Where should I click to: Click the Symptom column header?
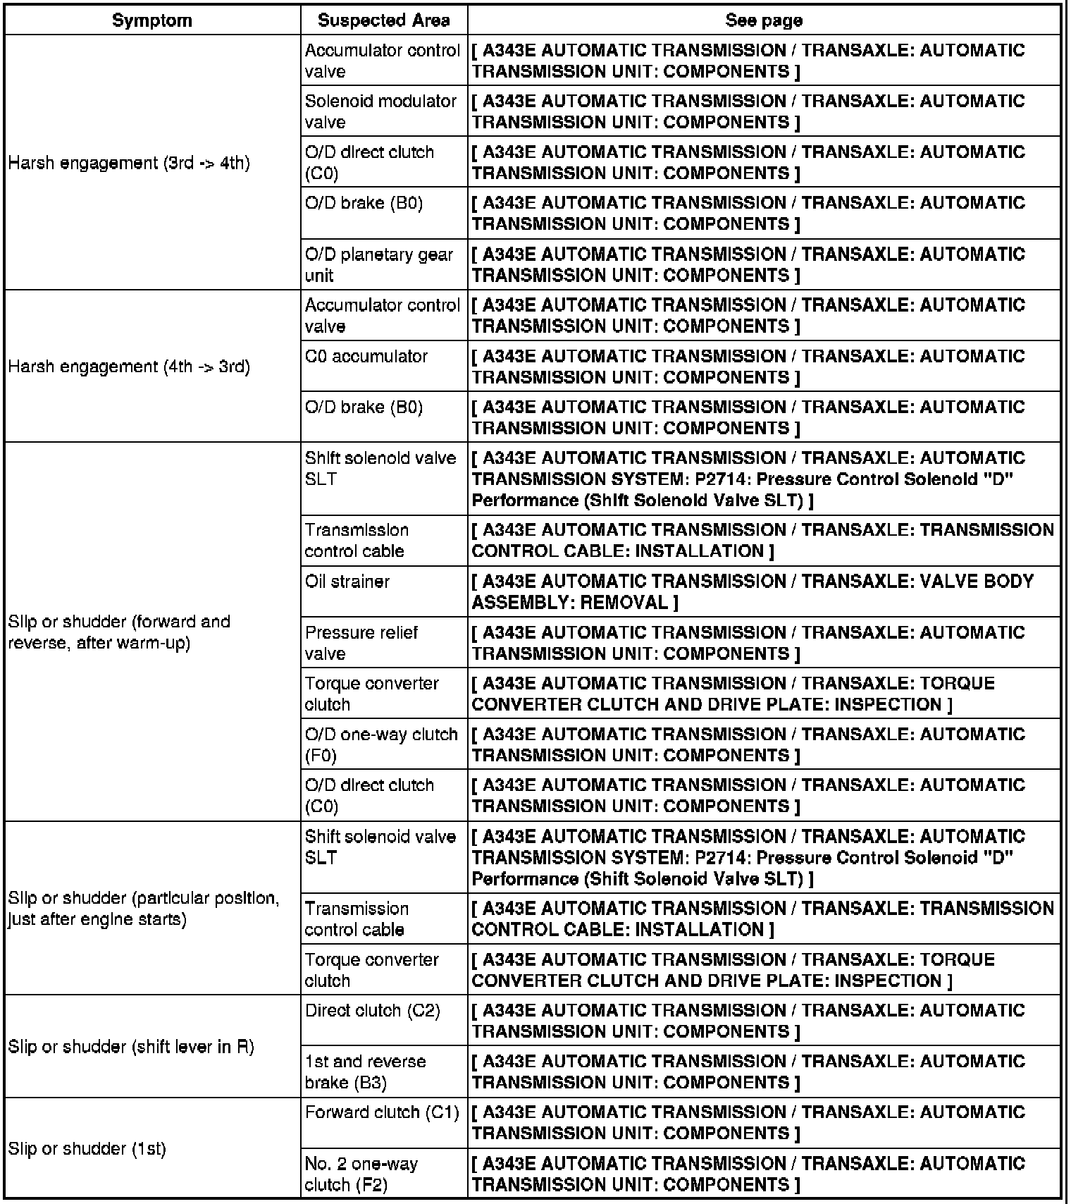[x=152, y=20]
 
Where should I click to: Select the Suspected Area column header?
[x=383, y=20]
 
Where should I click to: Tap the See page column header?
[x=764, y=20]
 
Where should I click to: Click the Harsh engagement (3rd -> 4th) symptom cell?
[x=130, y=163]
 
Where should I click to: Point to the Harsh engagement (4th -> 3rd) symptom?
[x=130, y=367]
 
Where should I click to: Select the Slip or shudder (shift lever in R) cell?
[x=131, y=1047]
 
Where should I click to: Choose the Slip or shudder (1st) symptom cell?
[x=87, y=1148]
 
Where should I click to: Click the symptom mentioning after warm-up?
[x=120, y=632]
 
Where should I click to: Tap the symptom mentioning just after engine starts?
[x=144, y=909]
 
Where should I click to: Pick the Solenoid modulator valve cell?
[x=380, y=111]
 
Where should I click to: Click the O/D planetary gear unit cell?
[x=379, y=264]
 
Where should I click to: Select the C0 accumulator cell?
[x=366, y=357]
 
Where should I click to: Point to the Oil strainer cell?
[x=347, y=582]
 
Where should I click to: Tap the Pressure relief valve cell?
[x=361, y=642]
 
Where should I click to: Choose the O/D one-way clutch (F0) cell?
[x=381, y=744]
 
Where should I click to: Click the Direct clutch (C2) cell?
[x=373, y=1011]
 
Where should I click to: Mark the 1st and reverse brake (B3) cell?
[x=366, y=1071]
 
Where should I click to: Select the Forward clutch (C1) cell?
[x=382, y=1112]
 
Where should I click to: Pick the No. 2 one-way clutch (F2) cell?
[x=361, y=1174]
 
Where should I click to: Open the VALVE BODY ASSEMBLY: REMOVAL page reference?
[x=753, y=591]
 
